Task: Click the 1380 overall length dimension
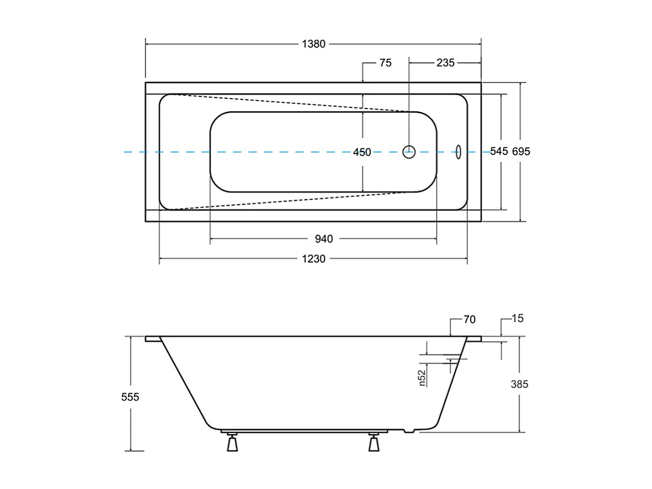click(x=314, y=44)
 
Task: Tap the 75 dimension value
click(x=385, y=63)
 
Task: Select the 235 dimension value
click(x=445, y=63)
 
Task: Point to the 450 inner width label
click(x=362, y=152)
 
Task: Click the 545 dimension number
click(x=499, y=151)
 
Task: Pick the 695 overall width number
click(x=521, y=151)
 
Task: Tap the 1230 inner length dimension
click(x=314, y=259)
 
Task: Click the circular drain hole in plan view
click(x=409, y=152)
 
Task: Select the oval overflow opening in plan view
click(x=458, y=152)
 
